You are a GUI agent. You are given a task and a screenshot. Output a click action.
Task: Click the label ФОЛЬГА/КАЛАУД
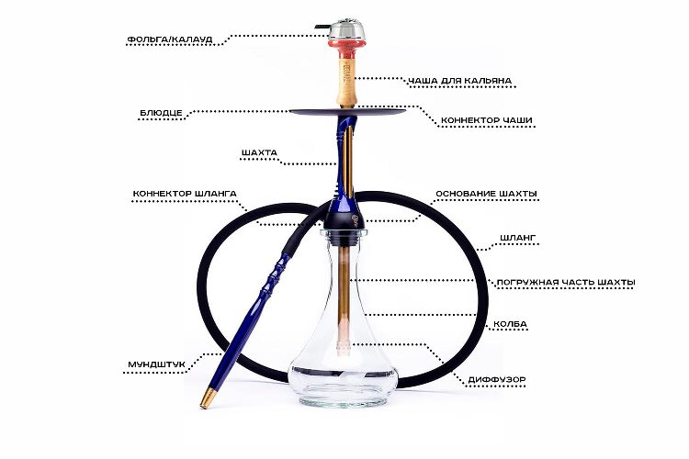tap(170, 39)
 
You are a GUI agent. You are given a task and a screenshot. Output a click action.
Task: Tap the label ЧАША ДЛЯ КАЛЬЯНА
tap(459, 81)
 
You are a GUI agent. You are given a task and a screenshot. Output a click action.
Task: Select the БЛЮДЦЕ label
tap(161, 113)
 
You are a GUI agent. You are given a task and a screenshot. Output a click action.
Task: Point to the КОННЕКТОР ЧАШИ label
tap(486, 120)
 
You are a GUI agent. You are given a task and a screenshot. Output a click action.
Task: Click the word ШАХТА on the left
tap(259, 153)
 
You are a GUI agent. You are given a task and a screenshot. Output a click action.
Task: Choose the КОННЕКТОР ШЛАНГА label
tap(185, 194)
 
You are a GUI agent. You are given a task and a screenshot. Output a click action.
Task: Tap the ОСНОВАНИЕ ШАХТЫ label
tap(486, 194)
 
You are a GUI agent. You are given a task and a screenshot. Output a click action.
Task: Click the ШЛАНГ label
tap(517, 238)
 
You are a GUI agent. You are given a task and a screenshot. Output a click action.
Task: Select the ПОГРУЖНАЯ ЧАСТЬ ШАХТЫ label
tap(566, 283)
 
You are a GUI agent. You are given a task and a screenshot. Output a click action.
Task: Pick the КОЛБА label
tap(510, 324)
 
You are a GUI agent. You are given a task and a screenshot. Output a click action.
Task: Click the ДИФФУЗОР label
tap(496, 379)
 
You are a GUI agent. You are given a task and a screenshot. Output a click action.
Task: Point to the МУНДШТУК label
tap(156, 364)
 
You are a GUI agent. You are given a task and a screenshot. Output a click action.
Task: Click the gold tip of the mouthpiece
tap(208, 398)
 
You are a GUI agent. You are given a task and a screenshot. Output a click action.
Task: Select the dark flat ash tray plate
tap(347, 112)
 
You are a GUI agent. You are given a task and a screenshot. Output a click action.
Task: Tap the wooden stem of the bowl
tap(346, 82)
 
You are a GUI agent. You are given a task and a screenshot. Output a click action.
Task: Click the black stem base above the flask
tap(344, 219)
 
